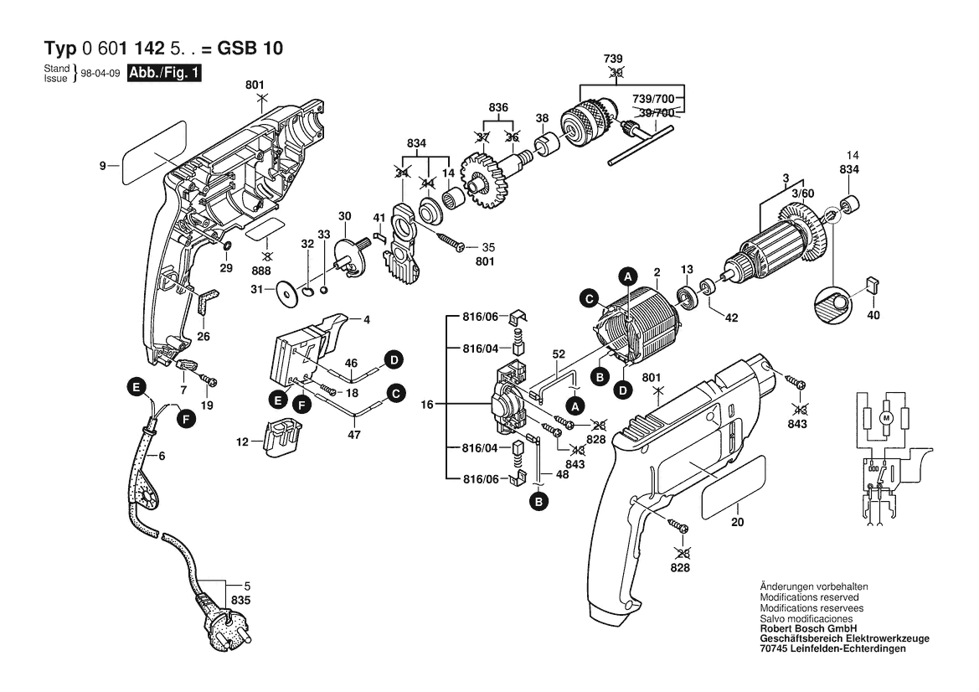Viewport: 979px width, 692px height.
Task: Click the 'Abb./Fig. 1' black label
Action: pos(164,73)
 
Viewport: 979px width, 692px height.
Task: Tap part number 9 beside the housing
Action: pos(102,167)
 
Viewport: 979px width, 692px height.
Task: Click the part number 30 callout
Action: pos(344,216)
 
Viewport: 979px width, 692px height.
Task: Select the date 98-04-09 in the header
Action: pos(100,74)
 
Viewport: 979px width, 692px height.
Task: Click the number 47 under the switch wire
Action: pos(353,436)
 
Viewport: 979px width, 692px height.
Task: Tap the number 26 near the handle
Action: pos(203,337)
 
